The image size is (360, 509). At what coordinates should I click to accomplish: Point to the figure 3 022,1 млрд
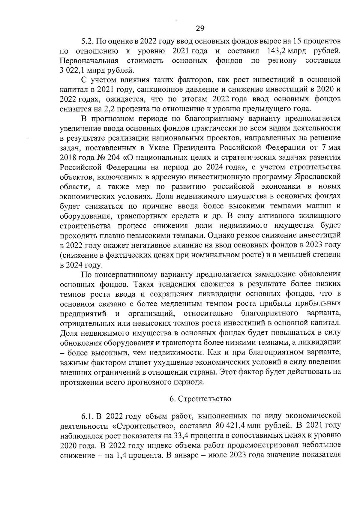coord(79,70)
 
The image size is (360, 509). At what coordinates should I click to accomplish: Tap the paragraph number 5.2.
coord(87,41)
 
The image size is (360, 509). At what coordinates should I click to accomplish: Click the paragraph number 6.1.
coord(88,416)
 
